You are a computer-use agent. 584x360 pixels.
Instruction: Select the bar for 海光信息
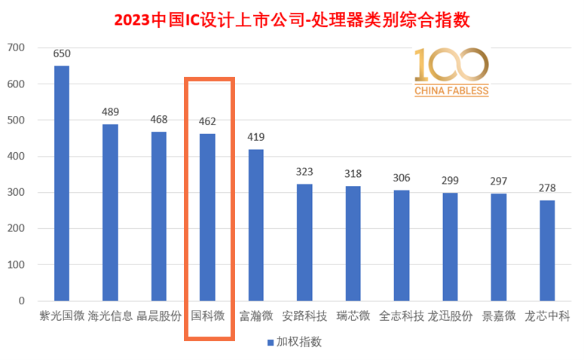coord(110,212)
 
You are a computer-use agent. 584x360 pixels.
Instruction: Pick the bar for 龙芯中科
coord(548,250)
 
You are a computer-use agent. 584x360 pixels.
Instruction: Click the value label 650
coord(62,53)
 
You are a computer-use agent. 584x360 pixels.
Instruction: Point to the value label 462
coord(207,121)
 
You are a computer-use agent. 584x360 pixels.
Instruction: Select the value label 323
coord(304,172)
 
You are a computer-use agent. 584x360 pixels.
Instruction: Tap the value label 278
coord(548,188)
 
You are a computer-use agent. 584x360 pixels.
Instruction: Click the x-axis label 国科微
coord(207,316)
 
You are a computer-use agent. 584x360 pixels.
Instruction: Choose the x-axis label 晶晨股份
coord(159,316)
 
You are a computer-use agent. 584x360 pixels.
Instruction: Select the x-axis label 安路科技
coord(304,316)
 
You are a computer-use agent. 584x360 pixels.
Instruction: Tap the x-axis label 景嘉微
coord(499,316)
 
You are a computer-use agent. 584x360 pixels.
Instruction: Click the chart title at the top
coord(292,19)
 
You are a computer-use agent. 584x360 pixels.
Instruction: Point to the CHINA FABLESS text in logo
coord(451,91)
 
